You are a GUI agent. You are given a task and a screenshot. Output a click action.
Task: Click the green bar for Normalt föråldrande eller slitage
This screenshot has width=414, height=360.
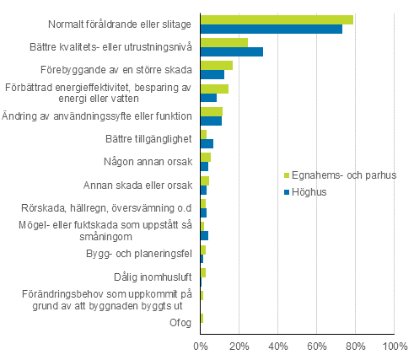[x=277, y=19]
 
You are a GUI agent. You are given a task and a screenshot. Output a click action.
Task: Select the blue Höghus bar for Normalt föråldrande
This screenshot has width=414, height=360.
[x=272, y=29]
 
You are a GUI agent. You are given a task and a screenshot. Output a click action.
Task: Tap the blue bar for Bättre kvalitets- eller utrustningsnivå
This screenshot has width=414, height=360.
[x=232, y=51]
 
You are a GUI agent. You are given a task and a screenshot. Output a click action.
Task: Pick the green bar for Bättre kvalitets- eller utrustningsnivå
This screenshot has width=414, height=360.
[x=224, y=42]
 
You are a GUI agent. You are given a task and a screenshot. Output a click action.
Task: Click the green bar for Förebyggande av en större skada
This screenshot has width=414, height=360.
[x=217, y=65]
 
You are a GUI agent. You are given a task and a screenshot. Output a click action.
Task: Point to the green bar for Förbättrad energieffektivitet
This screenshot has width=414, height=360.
[x=214, y=89]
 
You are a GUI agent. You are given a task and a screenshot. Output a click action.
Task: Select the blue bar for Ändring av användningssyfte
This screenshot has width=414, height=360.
[x=211, y=121]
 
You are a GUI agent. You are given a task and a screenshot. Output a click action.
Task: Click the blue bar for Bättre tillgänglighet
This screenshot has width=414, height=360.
[x=207, y=143]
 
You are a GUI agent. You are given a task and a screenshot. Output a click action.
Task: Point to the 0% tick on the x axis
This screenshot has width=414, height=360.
[x=201, y=345]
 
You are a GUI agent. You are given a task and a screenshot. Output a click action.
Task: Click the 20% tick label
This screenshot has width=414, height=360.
[x=239, y=345]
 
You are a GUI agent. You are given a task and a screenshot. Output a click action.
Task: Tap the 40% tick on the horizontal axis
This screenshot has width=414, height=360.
[x=278, y=345]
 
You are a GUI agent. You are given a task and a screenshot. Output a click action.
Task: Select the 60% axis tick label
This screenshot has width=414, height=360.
[x=317, y=345]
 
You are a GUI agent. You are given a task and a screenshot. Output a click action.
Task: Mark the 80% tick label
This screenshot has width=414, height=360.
[x=356, y=345]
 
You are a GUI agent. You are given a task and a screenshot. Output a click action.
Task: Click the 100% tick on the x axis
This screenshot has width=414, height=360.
[x=393, y=345]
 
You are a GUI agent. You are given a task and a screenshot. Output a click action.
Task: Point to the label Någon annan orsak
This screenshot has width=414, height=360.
[x=149, y=161]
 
